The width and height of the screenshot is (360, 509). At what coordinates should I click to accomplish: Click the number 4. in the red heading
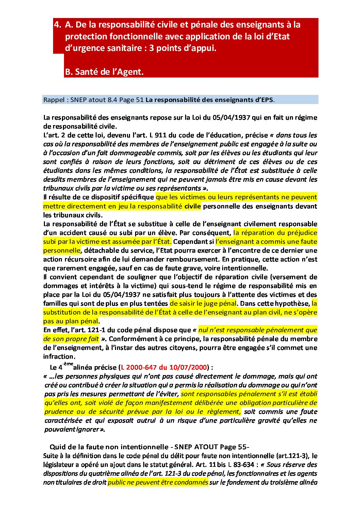point(58,25)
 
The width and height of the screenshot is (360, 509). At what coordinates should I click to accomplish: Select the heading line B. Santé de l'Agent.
point(104,72)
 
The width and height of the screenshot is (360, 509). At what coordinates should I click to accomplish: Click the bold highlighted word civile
point(192,206)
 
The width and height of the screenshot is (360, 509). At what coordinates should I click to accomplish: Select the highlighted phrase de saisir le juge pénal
point(203,303)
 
